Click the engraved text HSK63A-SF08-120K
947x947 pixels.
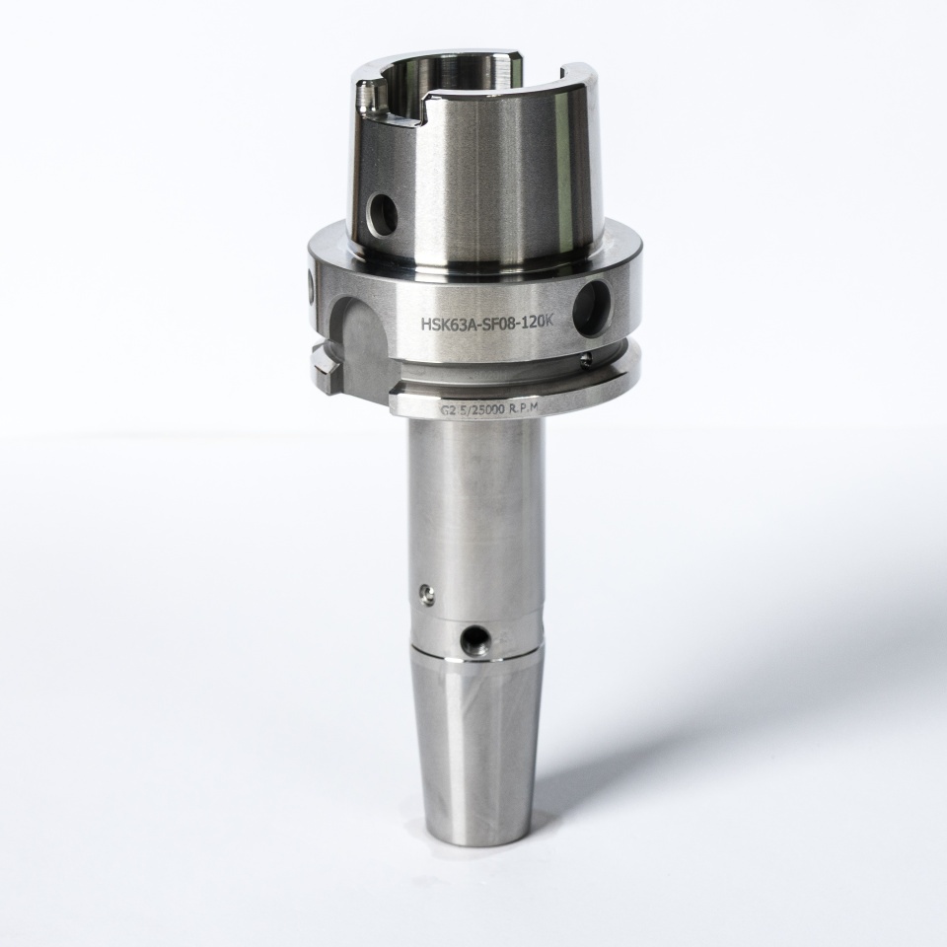tap(486, 324)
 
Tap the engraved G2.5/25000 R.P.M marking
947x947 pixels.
tap(488, 409)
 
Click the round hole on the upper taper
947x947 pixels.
tap(384, 213)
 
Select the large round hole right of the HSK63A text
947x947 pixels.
tap(594, 308)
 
